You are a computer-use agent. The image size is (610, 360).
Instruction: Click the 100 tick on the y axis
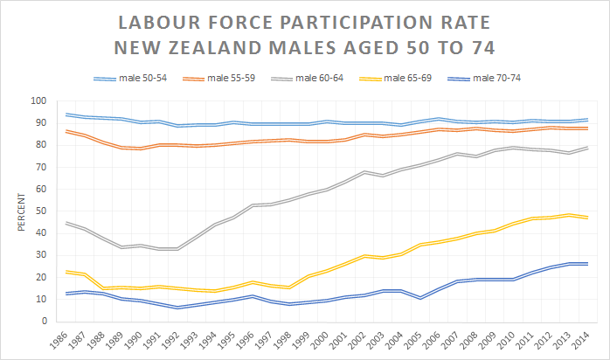38,101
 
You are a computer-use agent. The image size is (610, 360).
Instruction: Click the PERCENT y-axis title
20,211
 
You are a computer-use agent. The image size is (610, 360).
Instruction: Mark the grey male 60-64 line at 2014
587,148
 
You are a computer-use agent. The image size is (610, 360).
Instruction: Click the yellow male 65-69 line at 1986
67,272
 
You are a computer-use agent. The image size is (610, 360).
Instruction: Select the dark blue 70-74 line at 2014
587,263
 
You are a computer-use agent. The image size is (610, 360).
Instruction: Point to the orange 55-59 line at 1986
67,131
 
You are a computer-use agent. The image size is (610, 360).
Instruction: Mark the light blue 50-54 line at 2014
587,120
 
